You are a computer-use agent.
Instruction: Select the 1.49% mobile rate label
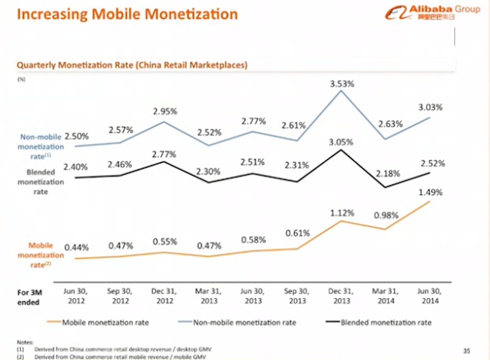tap(431, 192)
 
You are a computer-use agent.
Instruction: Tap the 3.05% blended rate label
tap(341, 142)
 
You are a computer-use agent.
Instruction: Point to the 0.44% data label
tap(76, 247)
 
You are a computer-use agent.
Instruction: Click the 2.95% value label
tap(165, 111)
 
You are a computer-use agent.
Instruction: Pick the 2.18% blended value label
tap(388, 174)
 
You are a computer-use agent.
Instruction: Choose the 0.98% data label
tap(388, 216)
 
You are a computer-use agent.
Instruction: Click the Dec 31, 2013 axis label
tap(342, 296)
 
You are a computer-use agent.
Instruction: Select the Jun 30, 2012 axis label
tap(76, 296)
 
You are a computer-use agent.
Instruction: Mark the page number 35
tap(466, 350)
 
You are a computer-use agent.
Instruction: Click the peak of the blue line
tap(341, 90)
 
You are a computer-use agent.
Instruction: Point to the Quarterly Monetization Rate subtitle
tap(132, 65)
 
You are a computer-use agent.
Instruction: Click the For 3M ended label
tap(28, 297)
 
